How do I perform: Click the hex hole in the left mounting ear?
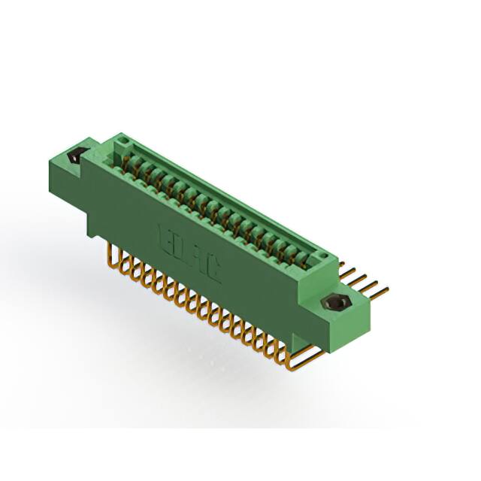coord(75,158)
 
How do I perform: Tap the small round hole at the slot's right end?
coord(322,259)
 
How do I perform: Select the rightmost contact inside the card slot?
coord(304,259)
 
